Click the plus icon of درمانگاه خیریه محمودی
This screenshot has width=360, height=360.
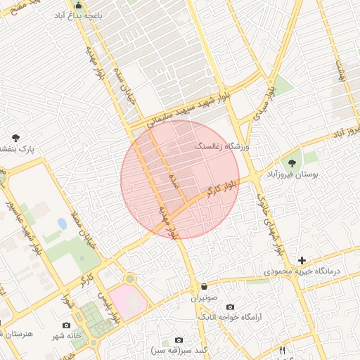(x=302, y=259)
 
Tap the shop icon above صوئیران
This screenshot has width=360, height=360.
(x=204, y=286)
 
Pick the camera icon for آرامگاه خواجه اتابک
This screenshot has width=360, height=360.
(x=230, y=307)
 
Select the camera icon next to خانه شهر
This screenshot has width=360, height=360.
(x=66, y=325)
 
